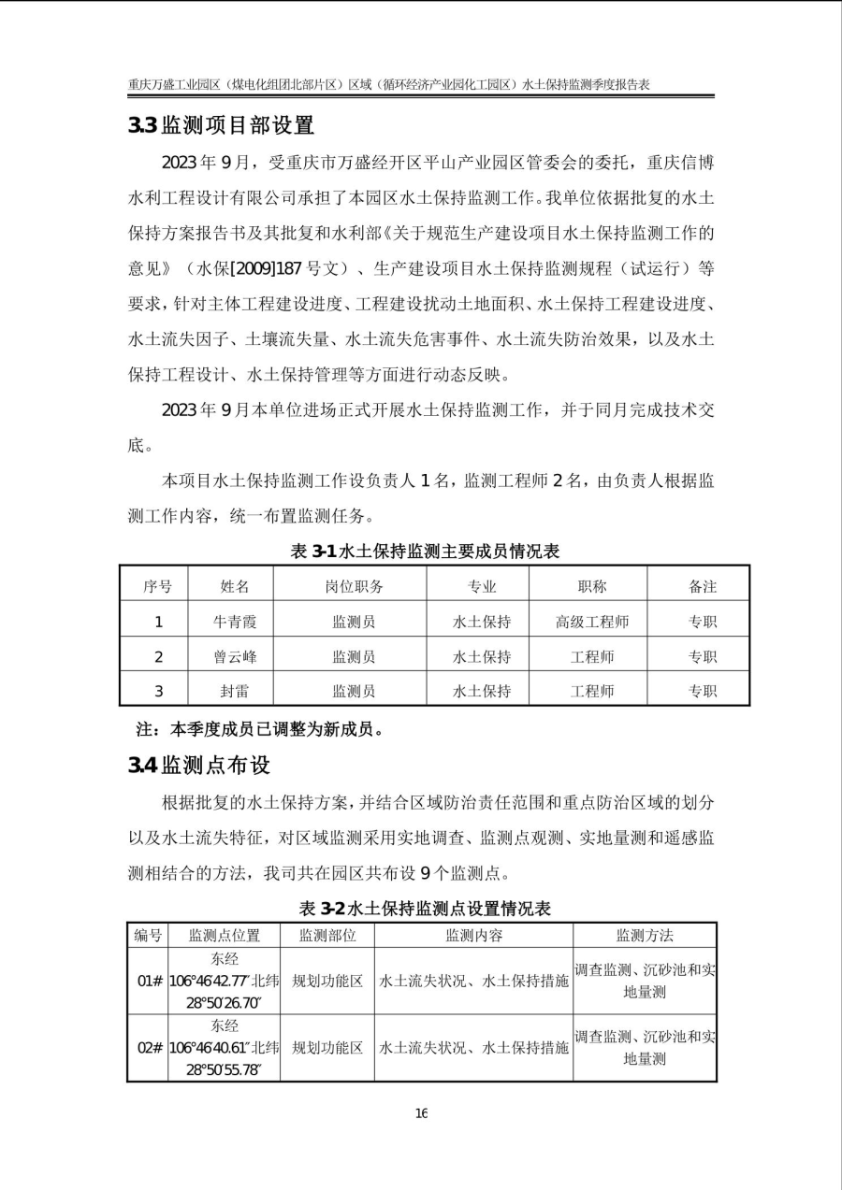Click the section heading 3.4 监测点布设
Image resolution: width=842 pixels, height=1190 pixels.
click(199, 766)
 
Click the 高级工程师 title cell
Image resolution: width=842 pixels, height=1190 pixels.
click(591, 622)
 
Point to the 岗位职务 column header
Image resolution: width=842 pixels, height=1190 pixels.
click(348, 587)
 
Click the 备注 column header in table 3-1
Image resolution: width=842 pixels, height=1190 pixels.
click(703, 587)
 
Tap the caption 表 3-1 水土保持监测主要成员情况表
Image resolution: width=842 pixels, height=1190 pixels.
click(426, 552)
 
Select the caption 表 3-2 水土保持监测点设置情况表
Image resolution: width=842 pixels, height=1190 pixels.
click(425, 908)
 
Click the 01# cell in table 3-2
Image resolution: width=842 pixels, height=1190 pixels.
click(149, 982)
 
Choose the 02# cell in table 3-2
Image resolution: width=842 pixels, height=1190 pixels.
click(149, 1048)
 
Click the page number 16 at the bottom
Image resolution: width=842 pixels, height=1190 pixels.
click(421, 1113)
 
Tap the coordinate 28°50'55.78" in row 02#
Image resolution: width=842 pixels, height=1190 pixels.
click(224, 1070)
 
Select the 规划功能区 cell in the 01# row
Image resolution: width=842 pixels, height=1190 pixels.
click(327, 982)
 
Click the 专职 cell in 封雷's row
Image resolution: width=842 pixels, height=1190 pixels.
click(703, 692)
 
